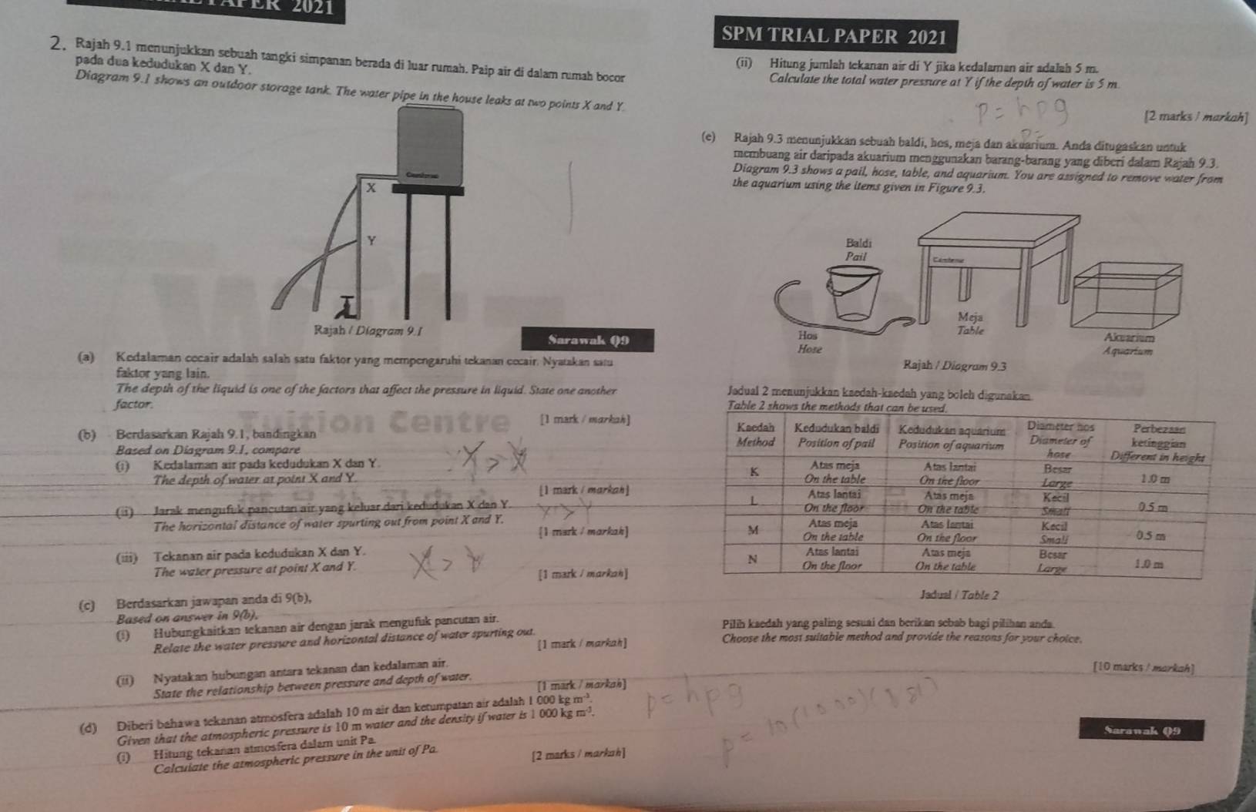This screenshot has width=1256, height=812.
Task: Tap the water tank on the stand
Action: click(429, 146)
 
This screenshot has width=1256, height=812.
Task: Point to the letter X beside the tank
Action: click(371, 188)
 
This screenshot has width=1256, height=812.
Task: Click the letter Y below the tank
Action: click(370, 241)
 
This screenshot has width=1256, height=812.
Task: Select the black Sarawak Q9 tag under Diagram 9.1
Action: click(589, 339)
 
